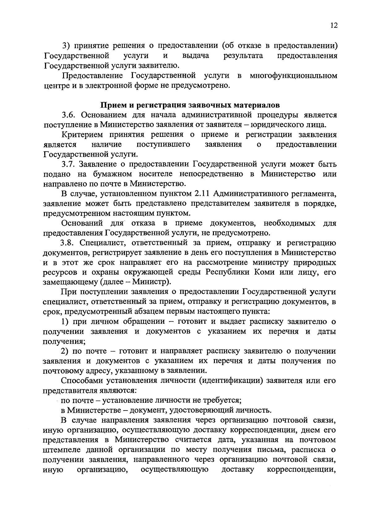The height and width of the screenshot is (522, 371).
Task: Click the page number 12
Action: pos(333,26)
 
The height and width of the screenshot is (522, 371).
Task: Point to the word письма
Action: pos(273,449)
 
